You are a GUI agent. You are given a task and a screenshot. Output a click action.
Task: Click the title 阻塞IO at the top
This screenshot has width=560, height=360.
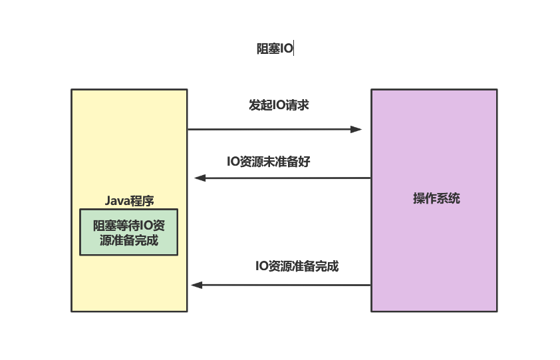click(274, 49)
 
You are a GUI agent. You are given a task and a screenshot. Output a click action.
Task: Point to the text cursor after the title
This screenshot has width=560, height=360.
click(293, 49)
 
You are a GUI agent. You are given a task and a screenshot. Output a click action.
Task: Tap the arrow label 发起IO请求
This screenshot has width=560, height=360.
click(279, 105)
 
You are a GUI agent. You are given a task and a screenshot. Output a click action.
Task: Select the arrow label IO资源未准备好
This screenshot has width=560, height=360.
click(269, 161)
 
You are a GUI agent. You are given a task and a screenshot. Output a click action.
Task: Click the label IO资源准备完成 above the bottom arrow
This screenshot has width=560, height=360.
click(297, 266)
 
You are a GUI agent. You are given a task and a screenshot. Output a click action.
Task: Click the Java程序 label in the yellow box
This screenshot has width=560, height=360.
click(129, 200)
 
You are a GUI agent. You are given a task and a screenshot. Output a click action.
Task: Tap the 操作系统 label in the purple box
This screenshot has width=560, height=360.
click(436, 198)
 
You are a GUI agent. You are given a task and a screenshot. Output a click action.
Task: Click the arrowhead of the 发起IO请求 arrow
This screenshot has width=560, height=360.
click(357, 129)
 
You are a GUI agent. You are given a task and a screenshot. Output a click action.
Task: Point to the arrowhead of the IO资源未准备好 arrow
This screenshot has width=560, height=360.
click(199, 178)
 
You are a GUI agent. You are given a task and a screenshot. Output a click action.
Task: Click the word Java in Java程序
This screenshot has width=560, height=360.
click(116, 200)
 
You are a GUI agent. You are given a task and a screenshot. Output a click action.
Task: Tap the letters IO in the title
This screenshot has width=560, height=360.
click(286, 49)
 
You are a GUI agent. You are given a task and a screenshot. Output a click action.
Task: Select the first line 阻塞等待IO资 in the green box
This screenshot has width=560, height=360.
click(129, 225)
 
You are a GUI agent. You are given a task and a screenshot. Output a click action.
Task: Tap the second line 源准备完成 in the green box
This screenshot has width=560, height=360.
click(129, 240)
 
